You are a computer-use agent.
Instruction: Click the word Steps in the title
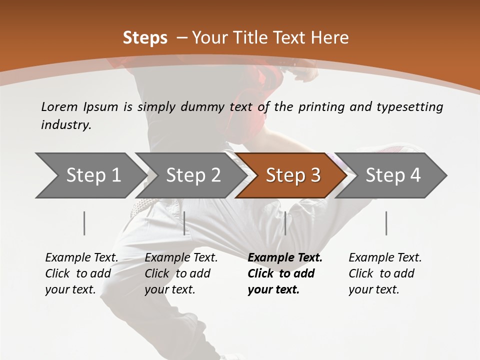pos(145,38)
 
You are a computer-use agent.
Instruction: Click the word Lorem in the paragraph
pos(59,106)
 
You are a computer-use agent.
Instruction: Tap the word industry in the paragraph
pos(65,125)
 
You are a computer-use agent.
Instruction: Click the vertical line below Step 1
pos(84,223)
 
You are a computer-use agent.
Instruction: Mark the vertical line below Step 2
pos(184,223)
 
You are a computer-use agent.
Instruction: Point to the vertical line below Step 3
pos(285,223)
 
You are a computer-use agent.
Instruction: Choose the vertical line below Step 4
pos(386,223)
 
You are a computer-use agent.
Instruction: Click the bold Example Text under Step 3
pos(285,257)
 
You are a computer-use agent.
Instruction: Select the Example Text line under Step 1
pos(81,257)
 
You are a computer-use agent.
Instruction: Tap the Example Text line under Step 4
pos(385,257)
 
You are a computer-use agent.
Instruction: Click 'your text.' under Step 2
pos(169,289)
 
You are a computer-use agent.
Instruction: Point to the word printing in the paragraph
pos(317,106)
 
